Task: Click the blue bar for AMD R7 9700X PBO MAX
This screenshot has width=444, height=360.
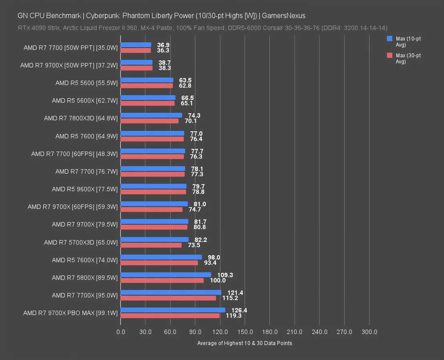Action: [173, 310]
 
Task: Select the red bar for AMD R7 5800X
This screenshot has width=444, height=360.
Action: [162, 280]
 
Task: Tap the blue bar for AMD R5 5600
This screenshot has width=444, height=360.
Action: [147, 80]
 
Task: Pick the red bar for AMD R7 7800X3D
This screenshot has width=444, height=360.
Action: [149, 121]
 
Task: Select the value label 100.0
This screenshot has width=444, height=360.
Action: [217, 280]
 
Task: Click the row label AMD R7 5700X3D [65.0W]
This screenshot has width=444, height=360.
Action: [81, 242]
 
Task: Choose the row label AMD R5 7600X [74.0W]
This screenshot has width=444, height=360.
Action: [85, 260]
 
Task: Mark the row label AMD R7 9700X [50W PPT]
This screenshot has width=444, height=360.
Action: [69, 65]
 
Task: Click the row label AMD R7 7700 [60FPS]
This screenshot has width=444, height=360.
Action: [74, 154]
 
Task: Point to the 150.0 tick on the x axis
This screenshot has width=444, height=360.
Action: [245, 332]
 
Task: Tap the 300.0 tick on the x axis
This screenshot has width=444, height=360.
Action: [369, 332]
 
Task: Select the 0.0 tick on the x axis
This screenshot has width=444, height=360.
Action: [121, 332]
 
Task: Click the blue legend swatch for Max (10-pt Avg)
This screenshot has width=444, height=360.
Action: [390, 39]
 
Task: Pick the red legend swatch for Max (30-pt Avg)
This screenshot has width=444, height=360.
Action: [390, 56]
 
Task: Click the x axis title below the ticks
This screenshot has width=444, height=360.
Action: [245, 343]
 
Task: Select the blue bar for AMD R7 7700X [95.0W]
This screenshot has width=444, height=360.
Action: [171, 292]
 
